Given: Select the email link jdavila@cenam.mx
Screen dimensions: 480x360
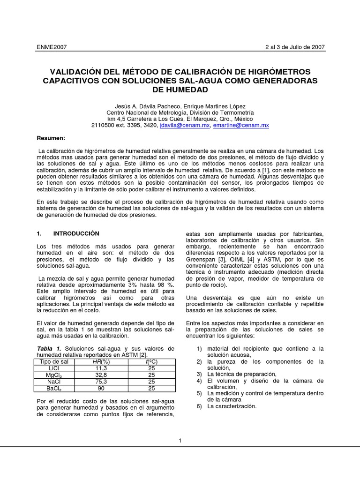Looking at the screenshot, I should coord(184,126).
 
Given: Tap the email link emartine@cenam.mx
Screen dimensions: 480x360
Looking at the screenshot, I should coord(240,126).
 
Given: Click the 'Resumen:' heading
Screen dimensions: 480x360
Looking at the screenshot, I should coord(51,138).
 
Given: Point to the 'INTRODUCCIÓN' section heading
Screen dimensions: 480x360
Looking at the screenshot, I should coord(76,233).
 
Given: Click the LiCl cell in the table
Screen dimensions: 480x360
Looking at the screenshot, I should coord(52,368).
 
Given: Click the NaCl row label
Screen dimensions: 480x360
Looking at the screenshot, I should coord(52,382).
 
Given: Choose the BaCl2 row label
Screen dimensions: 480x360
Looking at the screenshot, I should coord(52,389).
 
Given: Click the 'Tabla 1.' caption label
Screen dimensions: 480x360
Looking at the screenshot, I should coord(49,348).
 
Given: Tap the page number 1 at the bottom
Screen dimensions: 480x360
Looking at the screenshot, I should coord(180,440).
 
